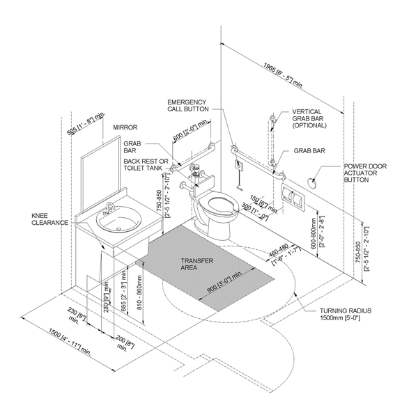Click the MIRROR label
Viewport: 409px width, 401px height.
click(125, 127)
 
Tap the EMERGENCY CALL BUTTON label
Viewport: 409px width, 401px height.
click(188, 106)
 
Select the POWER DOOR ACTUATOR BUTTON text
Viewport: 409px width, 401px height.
click(365, 173)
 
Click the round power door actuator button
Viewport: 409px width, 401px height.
click(312, 183)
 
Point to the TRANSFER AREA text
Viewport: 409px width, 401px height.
click(197, 265)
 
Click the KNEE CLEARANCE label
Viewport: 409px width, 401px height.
click(50, 219)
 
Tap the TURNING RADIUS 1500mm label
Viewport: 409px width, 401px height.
click(346, 314)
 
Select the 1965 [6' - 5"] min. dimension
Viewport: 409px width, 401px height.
click(283, 75)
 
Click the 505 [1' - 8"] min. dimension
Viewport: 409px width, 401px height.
click(86, 123)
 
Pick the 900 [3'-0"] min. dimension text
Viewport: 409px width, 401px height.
click(225, 282)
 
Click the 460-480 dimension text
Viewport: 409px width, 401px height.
click(279, 250)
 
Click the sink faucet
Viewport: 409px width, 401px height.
click(110, 207)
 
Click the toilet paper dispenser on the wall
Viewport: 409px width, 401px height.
click(293, 197)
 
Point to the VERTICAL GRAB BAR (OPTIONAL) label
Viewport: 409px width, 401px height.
click(309, 118)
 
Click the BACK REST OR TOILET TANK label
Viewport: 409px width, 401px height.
click(146, 165)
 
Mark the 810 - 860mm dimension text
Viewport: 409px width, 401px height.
click(139, 292)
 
